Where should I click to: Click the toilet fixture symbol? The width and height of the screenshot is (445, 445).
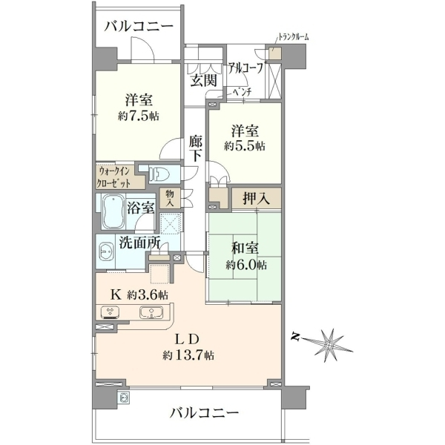click(159, 173)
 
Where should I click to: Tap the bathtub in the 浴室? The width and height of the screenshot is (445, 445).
click(113, 211)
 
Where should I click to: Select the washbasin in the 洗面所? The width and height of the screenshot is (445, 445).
click(106, 251)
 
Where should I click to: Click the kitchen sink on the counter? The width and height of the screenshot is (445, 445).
click(151, 312)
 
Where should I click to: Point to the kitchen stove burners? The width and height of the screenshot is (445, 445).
click(110, 312)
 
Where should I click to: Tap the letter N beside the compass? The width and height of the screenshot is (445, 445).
click(296, 337)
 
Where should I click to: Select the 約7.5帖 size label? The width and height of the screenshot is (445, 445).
click(138, 116)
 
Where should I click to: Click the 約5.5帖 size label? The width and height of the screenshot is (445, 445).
click(245, 146)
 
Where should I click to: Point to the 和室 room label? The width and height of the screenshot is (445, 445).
click(244, 248)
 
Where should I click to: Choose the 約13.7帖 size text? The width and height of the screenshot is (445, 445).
click(188, 355)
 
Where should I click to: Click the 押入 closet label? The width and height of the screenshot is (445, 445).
click(257, 199)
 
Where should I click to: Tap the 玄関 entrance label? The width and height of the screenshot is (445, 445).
click(203, 80)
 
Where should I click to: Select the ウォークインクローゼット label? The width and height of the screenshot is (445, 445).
click(113, 177)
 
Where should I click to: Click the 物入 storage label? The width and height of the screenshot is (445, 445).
click(170, 198)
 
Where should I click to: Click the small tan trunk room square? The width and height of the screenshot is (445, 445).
click(275, 53)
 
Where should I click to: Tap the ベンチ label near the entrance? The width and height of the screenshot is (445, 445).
click(242, 92)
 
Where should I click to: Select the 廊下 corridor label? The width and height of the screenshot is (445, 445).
click(196, 148)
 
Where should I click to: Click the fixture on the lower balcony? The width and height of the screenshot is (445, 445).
click(125, 398)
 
